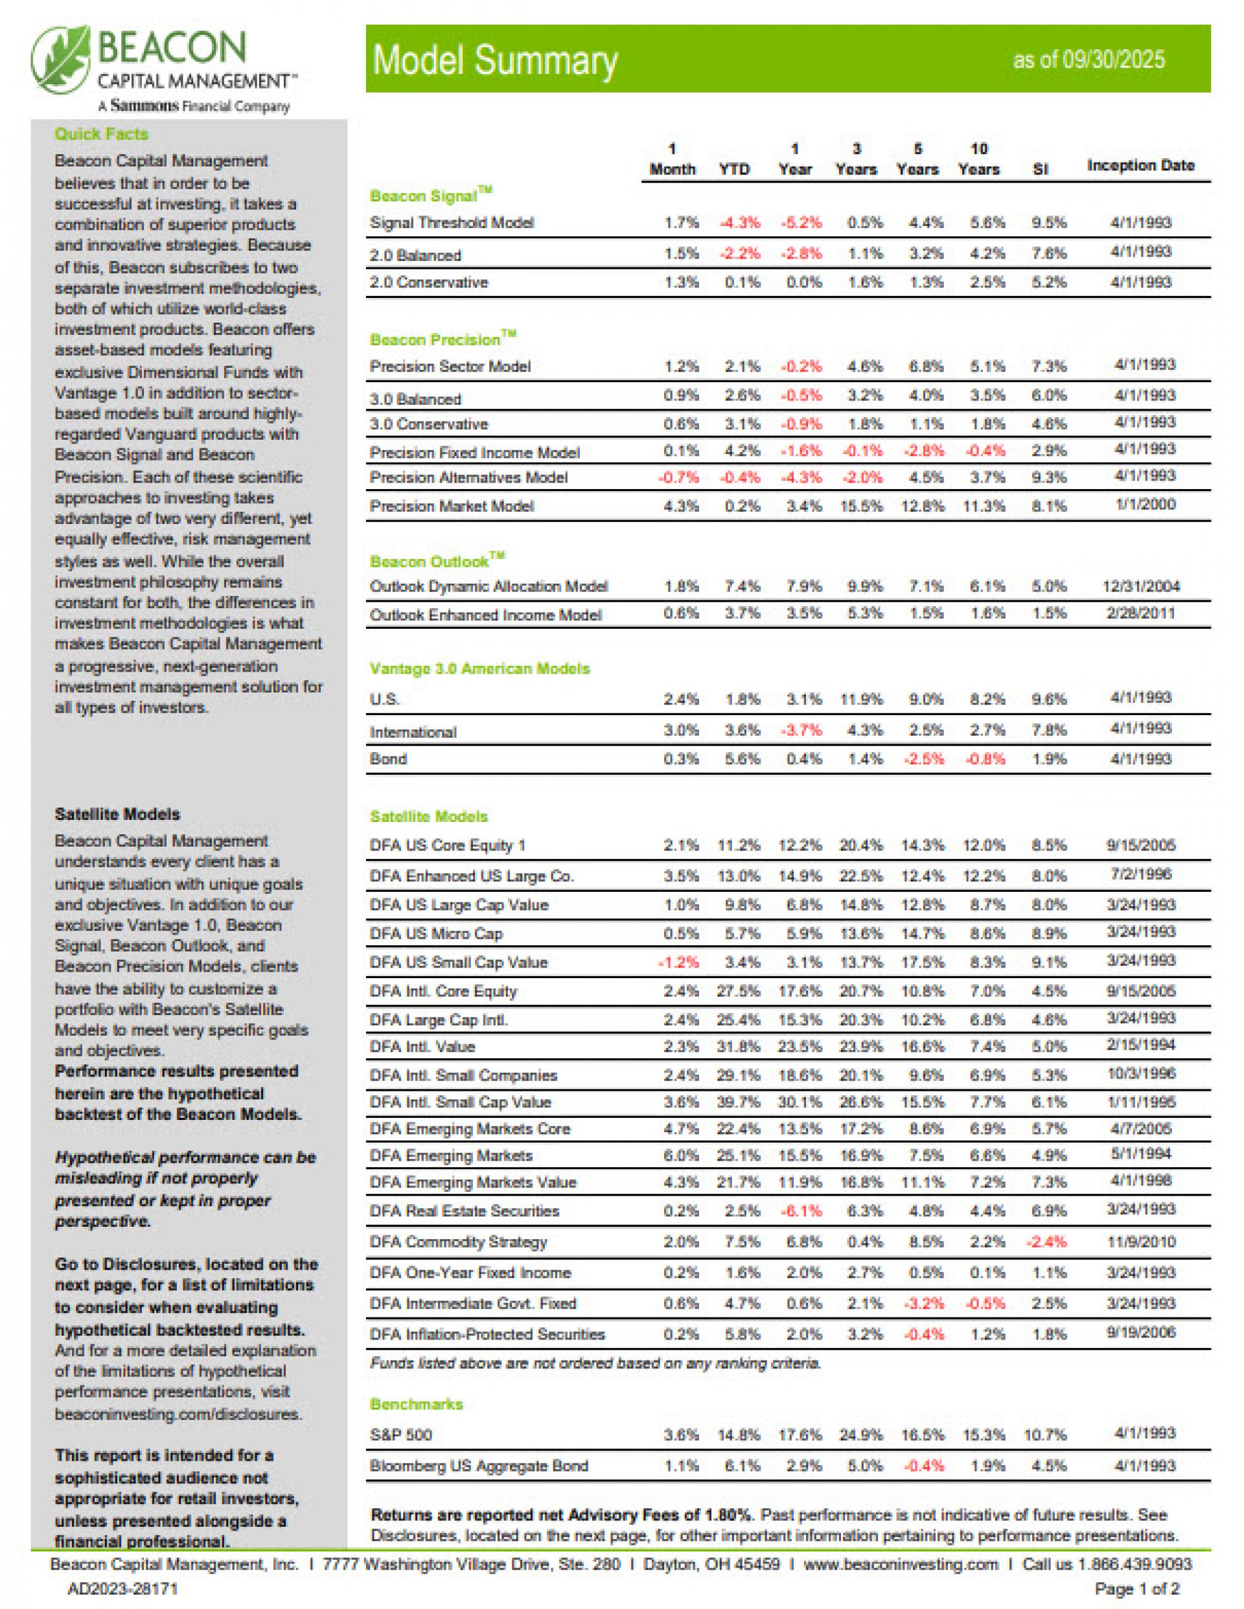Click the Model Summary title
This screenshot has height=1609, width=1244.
(x=494, y=60)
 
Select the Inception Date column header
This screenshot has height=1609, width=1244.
(x=1140, y=166)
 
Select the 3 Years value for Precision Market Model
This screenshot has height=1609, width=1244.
(x=861, y=506)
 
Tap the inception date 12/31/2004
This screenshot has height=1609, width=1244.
(x=1140, y=586)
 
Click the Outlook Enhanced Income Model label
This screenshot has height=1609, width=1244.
(x=486, y=615)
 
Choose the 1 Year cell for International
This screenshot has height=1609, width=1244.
(x=801, y=731)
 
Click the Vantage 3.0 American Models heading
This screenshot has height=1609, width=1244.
(x=479, y=669)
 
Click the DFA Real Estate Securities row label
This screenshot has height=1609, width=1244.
(x=465, y=1211)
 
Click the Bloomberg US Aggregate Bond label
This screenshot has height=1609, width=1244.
(x=479, y=1466)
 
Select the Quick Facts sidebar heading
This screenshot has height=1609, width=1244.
(x=101, y=134)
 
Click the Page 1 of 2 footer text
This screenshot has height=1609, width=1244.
(x=1136, y=1589)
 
